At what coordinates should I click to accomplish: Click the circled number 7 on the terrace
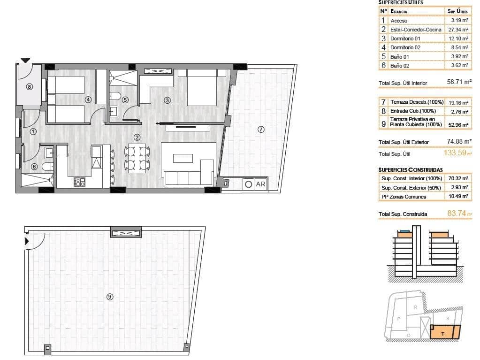point(261,130)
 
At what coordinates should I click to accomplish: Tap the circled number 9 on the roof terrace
point(110,296)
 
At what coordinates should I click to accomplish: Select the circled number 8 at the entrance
point(30,86)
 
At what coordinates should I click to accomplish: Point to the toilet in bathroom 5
point(113,97)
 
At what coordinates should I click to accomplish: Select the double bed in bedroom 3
point(202,88)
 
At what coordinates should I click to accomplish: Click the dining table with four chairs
point(137,158)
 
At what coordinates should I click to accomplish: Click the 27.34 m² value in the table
point(458,30)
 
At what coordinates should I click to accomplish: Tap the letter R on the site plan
point(415,307)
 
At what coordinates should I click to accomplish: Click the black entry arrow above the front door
point(25,60)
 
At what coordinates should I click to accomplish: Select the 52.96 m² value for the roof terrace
point(458,124)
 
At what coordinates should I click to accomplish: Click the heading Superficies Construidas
point(411,169)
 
